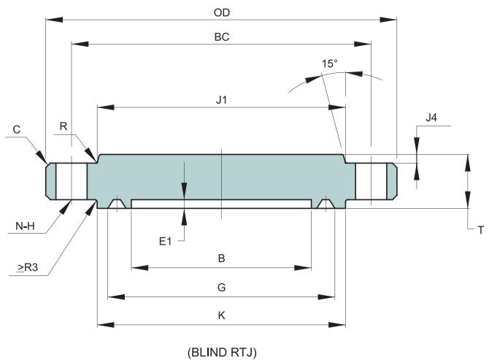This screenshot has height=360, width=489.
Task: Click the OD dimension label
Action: click(222, 12)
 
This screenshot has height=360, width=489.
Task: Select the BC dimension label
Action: click(222, 37)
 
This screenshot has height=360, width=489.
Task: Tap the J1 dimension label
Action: click(222, 101)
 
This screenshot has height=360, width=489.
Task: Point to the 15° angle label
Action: click(330, 64)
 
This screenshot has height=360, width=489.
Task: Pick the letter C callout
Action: click(17, 129)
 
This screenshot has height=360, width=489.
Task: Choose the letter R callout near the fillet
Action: click(64, 126)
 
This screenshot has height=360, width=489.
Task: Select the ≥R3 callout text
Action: click(28, 269)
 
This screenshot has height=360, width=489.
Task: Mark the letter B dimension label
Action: click(221, 258)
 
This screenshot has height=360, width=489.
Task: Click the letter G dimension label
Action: click(221, 288)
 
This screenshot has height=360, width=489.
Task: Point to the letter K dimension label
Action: click(221, 315)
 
